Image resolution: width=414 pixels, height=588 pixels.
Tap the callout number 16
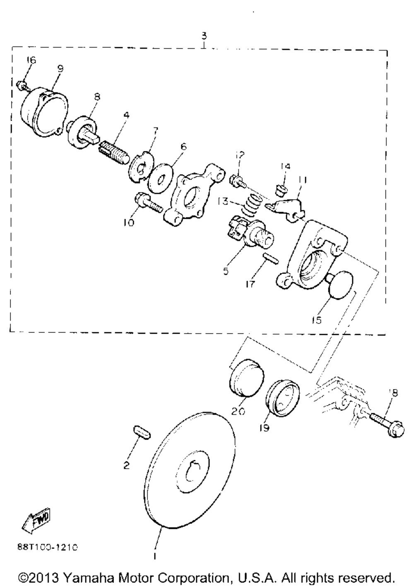31,60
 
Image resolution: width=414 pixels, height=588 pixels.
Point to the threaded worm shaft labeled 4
114,152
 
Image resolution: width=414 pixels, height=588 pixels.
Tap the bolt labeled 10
149,203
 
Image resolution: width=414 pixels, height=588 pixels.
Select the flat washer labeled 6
160,178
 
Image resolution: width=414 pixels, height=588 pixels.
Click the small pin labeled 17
270,258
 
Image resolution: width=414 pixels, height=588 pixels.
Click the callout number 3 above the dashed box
204,35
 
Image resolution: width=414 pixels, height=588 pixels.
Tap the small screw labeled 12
238,181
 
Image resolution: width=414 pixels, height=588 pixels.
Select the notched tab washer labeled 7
142,166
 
